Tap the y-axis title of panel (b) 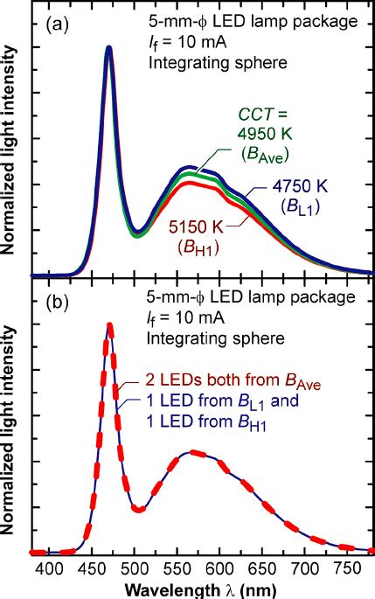click(11, 420)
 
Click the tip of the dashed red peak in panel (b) click(109, 324)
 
